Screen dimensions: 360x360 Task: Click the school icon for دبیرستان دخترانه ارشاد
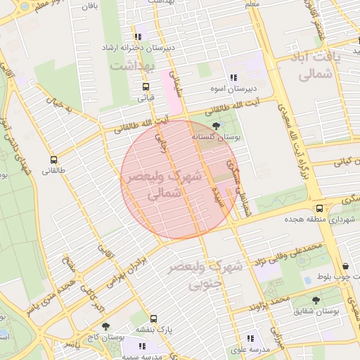point(138,37)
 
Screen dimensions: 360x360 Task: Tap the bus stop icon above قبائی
point(146,87)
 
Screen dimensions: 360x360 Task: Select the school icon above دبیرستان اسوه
point(233,79)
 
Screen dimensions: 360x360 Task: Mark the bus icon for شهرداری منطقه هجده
point(320,209)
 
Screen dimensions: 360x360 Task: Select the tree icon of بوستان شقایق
point(316,299)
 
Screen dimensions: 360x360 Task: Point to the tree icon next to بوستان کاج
point(105,326)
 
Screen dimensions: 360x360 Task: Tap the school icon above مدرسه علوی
point(250,339)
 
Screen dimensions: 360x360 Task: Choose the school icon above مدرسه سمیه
point(143,346)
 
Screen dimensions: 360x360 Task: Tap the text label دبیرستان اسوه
point(229,90)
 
